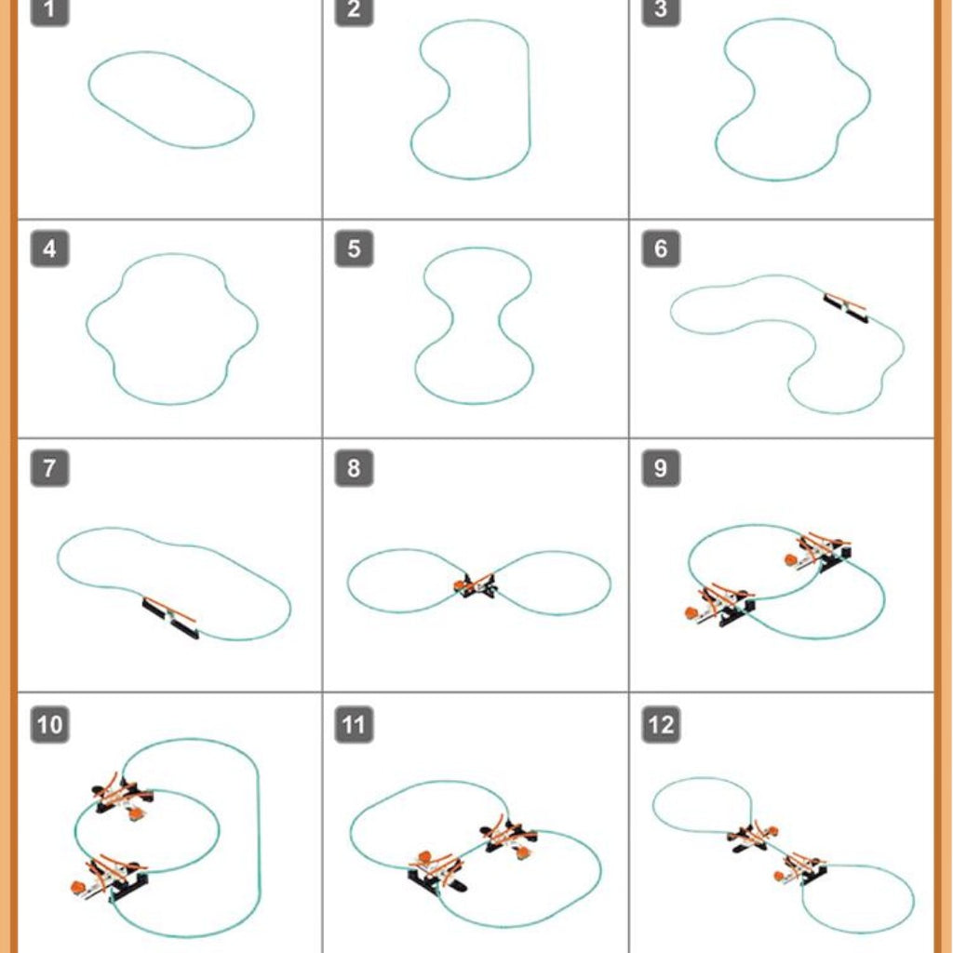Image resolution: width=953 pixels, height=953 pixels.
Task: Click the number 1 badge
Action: pyautogui.click(x=50, y=10)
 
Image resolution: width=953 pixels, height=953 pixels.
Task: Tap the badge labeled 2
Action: pyautogui.click(x=355, y=10)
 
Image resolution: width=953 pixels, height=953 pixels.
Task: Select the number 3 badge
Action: pyautogui.click(x=662, y=10)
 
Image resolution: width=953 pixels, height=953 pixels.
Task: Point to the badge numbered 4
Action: pyautogui.click(x=50, y=248)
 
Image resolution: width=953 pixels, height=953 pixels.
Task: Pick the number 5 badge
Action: pyautogui.click(x=355, y=248)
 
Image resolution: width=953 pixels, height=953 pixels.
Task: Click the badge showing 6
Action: pyautogui.click(x=662, y=248)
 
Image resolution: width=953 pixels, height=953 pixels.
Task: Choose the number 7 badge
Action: pyautogui.click(x=50, y=468)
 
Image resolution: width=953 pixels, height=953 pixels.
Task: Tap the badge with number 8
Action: pyautogui.click(x=355, y=468)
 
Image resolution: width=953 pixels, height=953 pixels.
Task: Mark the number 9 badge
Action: pyautogui.click(x=662, y=468)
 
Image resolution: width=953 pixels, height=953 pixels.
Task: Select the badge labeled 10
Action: pyautogui.click(x=50, y=724)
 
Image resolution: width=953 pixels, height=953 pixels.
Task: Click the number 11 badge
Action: pyautogui.click(x=355, y=724)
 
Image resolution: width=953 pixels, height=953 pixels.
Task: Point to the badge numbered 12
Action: pyautogui.click(x=662, y=724)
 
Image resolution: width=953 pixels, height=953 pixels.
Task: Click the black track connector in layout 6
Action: pyautogui.click(x=846, y=308)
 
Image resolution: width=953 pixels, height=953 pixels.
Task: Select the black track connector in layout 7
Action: pyautogui.click(x=171, y=618)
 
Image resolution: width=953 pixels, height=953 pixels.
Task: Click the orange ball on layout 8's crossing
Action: pyautogui.click(x=460, y=586)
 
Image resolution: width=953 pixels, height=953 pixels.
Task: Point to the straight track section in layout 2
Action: pyautogui.click(x=530, y=96)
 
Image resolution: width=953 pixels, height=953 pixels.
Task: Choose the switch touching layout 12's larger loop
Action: pyautogui.click(x=801, y=868)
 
